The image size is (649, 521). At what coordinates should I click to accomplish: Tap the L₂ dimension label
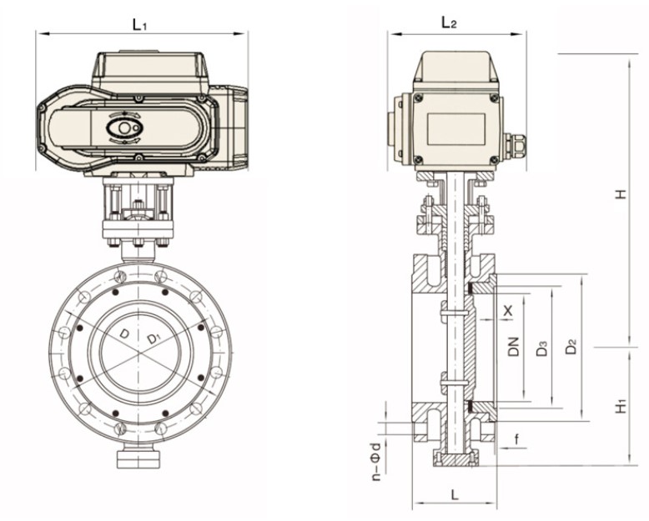[449, 23]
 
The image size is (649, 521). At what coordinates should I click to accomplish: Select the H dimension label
[620, 194]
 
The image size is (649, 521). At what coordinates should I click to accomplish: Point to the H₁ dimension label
[620, 406]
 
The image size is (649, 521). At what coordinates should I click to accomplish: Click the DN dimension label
[514, 346]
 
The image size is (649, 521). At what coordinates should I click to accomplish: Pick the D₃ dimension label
[542, 348]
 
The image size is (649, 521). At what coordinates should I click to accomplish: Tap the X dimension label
[509, 310]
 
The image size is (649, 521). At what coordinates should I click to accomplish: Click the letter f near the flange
[517, 437]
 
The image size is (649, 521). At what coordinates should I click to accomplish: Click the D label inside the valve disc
[124, 333]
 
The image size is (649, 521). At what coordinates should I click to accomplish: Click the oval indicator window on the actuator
[125, 128]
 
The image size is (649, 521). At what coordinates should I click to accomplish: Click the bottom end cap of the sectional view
[455, 459]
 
